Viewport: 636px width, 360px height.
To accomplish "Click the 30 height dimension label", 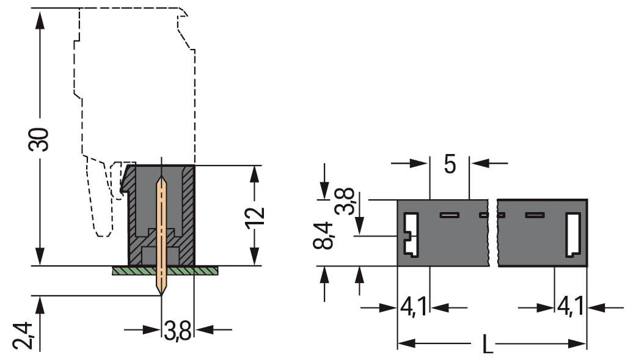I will pos(40,140).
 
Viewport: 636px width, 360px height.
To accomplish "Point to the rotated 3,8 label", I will pos(345,200).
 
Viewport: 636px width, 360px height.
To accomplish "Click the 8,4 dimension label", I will pos(324,236).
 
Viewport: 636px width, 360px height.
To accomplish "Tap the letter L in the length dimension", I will pos(488,345).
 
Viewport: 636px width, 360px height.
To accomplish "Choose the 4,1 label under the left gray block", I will pos(414,307).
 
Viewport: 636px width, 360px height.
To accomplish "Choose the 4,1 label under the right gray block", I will pos(571,307).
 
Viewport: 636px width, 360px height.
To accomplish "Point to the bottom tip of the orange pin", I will pos(162,294).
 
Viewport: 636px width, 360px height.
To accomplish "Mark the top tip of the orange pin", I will pos(161,179).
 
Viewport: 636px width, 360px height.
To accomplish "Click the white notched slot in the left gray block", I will pos(410,235).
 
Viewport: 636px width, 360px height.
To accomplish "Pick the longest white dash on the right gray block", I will pos(535,215).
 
